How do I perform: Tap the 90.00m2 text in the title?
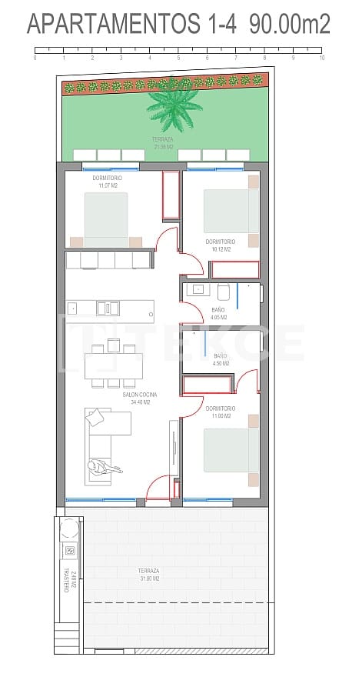pyautogui.click(x=290, y=25)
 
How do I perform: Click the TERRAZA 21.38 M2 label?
pyautogui.click(x=162, y=142)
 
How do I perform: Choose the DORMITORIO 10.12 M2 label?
pyautogui.click(x=221, y=245)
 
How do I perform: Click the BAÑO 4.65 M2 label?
pyautogui.click(x=218, y=313)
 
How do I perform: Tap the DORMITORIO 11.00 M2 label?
pyautogui.click(x=221, y=412)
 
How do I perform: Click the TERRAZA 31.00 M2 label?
pyautogui.click(x=148, y=575)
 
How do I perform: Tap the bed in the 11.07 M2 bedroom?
pyautogui.click(x=106, y=218)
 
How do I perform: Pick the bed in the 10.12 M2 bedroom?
pyautogui.click(x=231, y=211)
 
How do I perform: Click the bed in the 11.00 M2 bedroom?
pyautogui.click(x=231, y=449)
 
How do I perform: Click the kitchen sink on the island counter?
pyautogui.click(x=108, y=308)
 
